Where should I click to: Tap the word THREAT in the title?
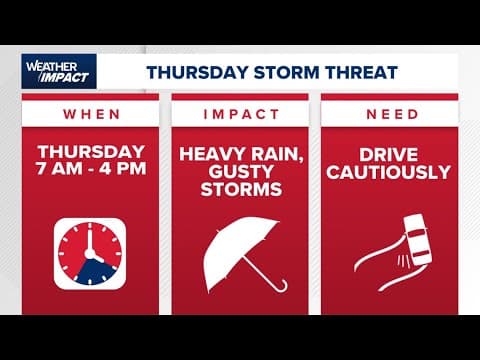[362, 72]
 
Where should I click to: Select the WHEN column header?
[91, 114]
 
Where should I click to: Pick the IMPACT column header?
[239, 114]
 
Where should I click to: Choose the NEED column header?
[391, 114]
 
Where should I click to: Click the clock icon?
[91, 255]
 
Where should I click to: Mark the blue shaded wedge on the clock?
[98, 267]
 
